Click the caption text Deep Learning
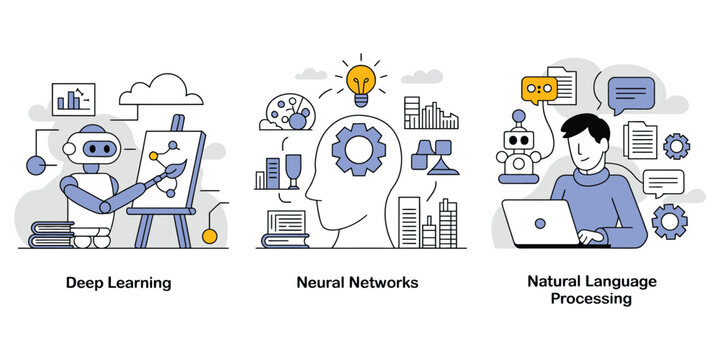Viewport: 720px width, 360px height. (x=119, y=283)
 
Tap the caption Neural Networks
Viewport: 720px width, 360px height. (x=357, y=283)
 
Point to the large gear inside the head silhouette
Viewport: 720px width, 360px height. (x=358, y=150)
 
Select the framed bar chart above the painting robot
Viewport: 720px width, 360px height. (x=74, y=98)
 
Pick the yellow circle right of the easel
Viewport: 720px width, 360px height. (x=209, y=236)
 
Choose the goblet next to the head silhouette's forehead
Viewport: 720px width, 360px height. (x=294, y=170)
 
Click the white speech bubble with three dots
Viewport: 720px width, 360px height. (x=664, y=182)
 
